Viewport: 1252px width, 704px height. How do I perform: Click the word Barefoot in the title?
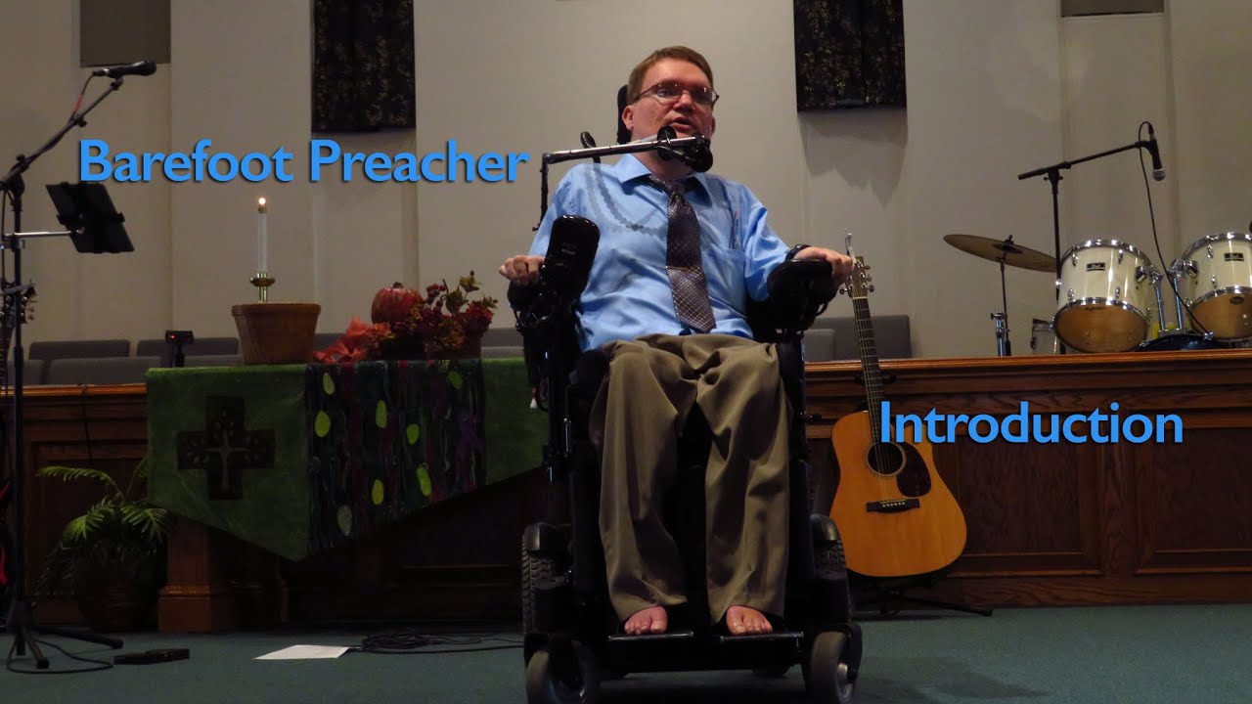pyautogui.click(x=187, y=161)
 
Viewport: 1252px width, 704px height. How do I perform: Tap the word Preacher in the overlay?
pyautogui.click(x=419, y=163)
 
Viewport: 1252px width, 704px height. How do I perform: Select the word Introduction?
pyautogui.click(x=1030, y=424)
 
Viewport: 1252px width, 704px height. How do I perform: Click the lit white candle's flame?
pyautogui.click(x=261, y=203)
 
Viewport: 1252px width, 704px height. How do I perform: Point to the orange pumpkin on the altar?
pyautogui.click(x=393, y=304)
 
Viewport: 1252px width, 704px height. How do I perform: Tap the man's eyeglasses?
pyautogui.click(x=676, y=94)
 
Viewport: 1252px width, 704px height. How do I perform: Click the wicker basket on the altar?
pyautogui.click(x=275, y=332)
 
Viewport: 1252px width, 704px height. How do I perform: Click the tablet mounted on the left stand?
pyautogui.click(x=90, y=217)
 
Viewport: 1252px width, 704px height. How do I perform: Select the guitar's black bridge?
pyautogui.click(x=893, y=505)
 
